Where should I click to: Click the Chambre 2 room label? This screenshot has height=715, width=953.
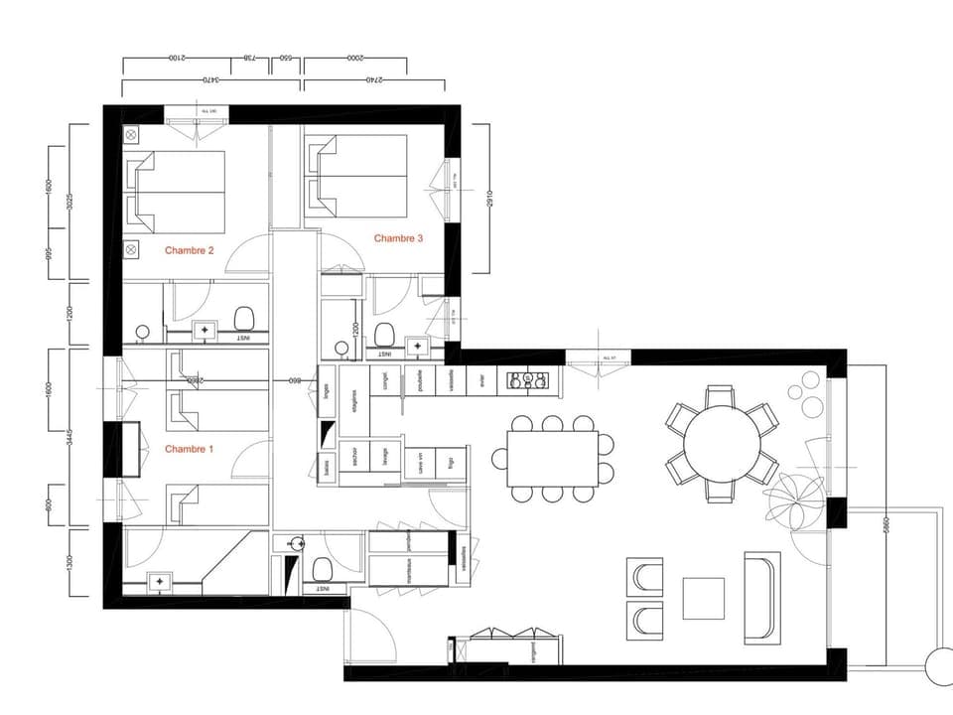point(189,250)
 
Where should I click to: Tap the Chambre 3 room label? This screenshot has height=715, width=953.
point(398,237)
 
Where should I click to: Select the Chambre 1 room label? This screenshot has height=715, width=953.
point(189,449)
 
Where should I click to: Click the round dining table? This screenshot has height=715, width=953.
point(722,441)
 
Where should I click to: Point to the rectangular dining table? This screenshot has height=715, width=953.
point(553,458)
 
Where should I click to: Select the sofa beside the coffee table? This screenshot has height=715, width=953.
point(762,596)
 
